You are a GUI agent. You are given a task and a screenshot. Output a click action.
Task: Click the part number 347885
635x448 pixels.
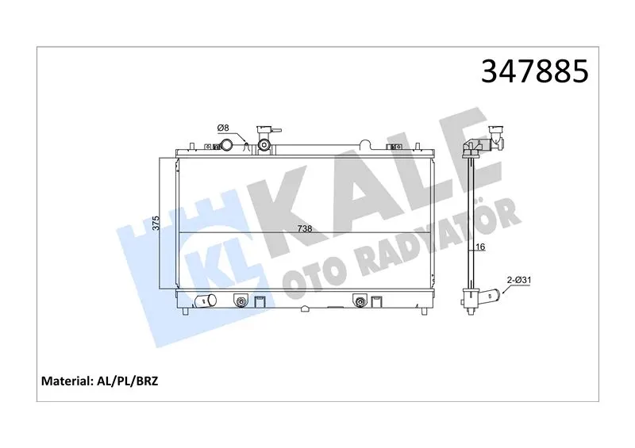[x=534, y=71]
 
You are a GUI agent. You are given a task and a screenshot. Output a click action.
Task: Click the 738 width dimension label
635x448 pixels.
[x=305, y=228]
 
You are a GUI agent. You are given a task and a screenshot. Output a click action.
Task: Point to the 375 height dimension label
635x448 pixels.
[x=156, y=223]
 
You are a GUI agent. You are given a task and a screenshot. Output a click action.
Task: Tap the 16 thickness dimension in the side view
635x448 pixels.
[x=480, y=247]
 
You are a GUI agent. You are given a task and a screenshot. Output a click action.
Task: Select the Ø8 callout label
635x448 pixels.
[x=223, y=128]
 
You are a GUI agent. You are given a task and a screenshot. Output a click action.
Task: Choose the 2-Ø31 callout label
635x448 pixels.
[x=519, y=280]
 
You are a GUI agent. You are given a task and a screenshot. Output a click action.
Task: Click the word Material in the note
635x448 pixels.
[x=67, y=381]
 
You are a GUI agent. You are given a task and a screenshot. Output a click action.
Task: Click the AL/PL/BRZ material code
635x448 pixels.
[x=127, y=381]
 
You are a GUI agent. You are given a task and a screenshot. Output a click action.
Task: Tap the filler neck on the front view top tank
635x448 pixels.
[x=265, y=140]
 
